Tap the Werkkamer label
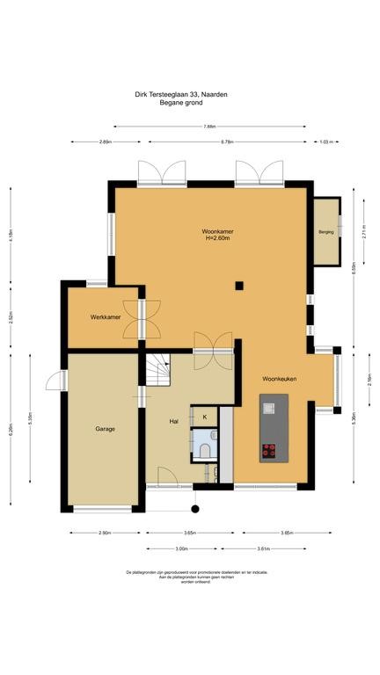(x=104, y=316)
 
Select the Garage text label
(x=106, y=429)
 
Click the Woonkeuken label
(x=280, y=379)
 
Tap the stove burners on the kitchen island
(x=268, y=450)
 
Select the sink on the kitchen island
(x=268, y=406)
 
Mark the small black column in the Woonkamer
(x=238, y=284)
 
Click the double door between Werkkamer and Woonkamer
(x=142, y=318)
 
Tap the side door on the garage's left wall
(x=55, y=379)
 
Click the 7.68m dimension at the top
(x=209, y=126)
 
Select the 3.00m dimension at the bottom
(x=182, y=548)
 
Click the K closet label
(x=205, y=416)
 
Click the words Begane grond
(x=180, y=103)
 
